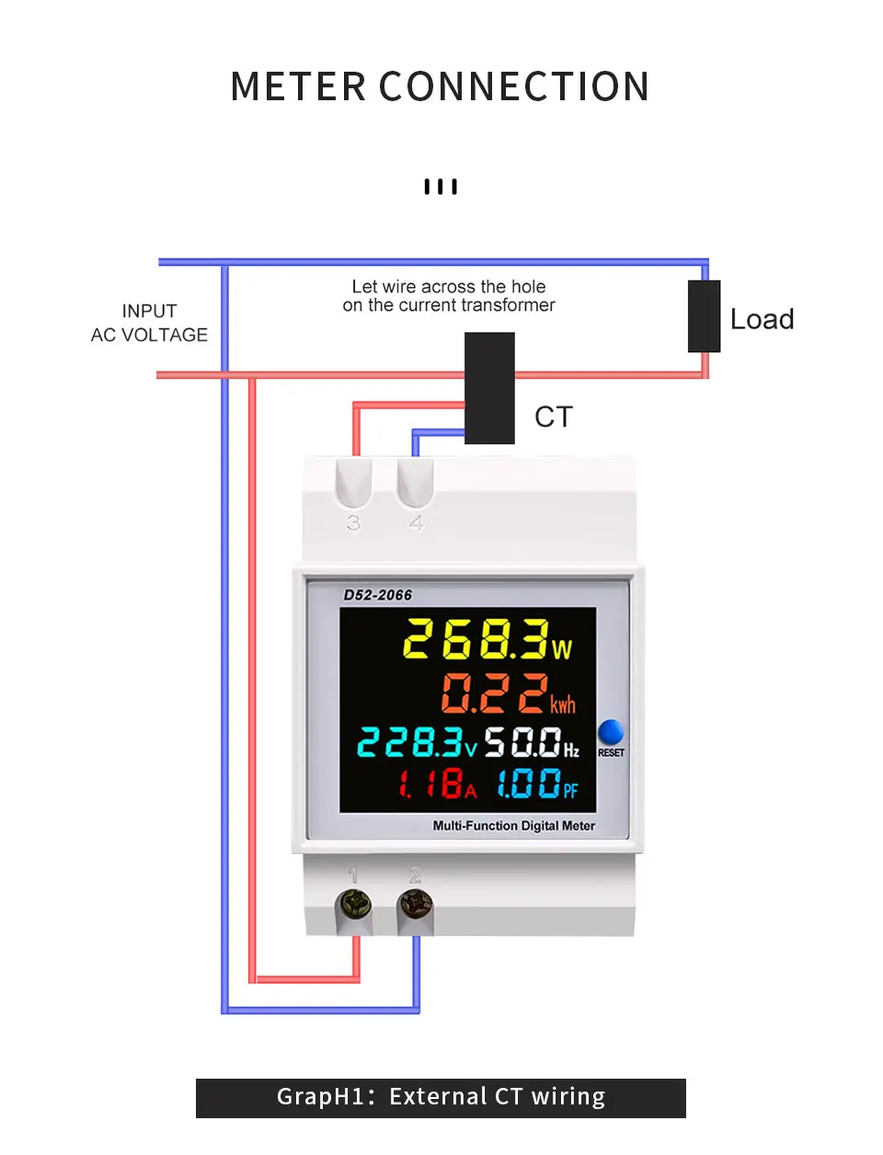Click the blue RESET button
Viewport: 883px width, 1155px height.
coord(611,732)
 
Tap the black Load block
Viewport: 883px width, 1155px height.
coord(704,316)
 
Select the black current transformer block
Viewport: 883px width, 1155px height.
coord(489,388)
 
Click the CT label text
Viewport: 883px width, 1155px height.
coord(554,417)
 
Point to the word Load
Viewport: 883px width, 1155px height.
coord(762,320)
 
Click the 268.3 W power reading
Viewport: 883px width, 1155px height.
coord(487,639)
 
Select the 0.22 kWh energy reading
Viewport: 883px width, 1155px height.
coord(508,693)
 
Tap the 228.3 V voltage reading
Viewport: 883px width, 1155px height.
coord(417,742)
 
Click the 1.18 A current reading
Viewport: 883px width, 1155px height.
coord(437,783)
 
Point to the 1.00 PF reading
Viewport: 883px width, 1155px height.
coord(537,783)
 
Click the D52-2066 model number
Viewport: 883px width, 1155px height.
coord(377,595)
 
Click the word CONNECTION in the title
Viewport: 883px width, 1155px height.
coord(514,87)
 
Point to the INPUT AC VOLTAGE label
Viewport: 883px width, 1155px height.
coord(149,324)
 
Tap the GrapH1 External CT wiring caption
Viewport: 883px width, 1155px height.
coord(441,1097)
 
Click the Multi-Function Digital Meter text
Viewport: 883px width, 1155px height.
coord(513,826)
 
